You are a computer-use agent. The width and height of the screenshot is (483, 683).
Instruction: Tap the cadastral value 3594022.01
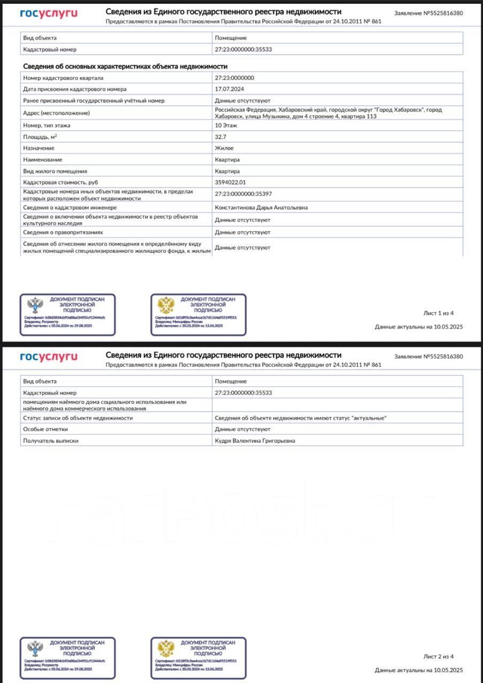point(230,182)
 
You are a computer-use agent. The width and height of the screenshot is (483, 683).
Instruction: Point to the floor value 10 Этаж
point(226,125)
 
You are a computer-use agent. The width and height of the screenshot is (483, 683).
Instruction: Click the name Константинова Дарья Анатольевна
point(261,208)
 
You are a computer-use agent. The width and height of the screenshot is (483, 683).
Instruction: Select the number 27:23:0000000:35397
point(243,194)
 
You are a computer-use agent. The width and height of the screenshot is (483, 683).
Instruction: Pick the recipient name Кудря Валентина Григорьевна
point(254,441)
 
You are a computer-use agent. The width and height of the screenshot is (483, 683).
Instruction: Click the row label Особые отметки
point(45,429)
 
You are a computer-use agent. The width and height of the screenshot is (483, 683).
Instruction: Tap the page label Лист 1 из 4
point(438,313)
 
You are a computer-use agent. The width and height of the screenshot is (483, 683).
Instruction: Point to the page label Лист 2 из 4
point(438,656)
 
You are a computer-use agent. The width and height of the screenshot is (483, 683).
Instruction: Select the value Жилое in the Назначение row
point(224,148)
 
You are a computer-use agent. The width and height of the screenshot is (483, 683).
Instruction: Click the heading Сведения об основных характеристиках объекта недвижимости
point(125,66)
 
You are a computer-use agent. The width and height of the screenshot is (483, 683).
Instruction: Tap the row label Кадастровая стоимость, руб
point(60,182)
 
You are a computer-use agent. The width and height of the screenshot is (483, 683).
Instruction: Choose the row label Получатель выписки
point(51,441)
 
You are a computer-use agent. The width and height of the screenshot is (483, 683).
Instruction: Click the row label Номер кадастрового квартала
point(64,78)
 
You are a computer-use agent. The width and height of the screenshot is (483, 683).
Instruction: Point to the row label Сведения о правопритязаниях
point(63,233)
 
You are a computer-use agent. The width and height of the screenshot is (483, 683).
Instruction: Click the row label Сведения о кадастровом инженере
point(70,208)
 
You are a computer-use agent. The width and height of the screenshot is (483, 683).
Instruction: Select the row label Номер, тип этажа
point(47,125)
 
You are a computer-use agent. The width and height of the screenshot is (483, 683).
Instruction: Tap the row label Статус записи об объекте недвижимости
point(78,418)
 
